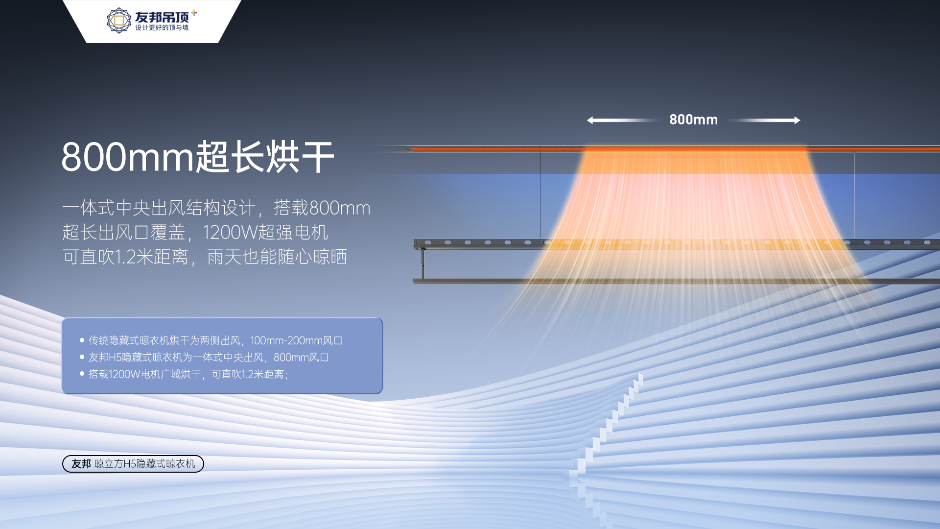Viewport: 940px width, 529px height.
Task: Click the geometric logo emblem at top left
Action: click(x=118, y=21)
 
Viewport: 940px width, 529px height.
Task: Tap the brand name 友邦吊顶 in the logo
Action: click(x=162, y=17)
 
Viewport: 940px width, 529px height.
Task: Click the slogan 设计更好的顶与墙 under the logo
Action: click(x=162, y=28)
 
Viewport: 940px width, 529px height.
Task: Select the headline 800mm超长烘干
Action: click(x=198, y=157)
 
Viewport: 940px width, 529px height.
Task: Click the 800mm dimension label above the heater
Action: click(x=693, y=120)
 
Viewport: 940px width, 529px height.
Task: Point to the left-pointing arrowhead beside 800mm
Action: click(x=590, y=120)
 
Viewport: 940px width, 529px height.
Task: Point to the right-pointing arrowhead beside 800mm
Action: click(x=797, y=120)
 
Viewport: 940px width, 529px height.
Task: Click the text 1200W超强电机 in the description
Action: click(x=265, y=232)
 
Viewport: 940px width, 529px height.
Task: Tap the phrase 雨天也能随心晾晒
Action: click(x=277, y=257)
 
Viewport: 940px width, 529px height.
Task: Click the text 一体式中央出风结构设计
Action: click(x=159, y=208)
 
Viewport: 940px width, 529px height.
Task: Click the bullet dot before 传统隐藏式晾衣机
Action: click(x=82, y=340)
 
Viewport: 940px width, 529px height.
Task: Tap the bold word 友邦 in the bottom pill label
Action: click(x=81, y=464)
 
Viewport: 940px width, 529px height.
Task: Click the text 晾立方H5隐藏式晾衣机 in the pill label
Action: click(x=145, y=464)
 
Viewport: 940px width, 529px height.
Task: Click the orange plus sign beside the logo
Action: click(x=194, y=13)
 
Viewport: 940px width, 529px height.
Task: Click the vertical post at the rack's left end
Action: click(x=423, y=264)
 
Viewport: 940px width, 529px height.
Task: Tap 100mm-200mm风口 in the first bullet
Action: click(x=296, y=340)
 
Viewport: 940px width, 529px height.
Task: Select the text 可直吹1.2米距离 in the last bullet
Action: click(x=248, y=374)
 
